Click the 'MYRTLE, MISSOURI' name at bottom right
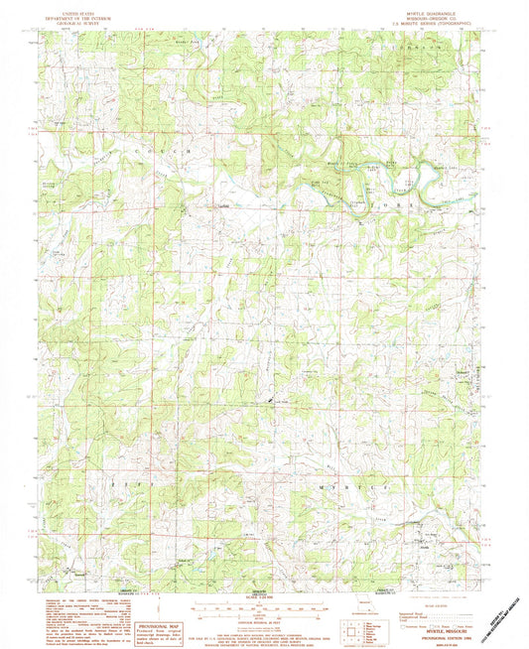[445, 614]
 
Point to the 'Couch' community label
[224, 207]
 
